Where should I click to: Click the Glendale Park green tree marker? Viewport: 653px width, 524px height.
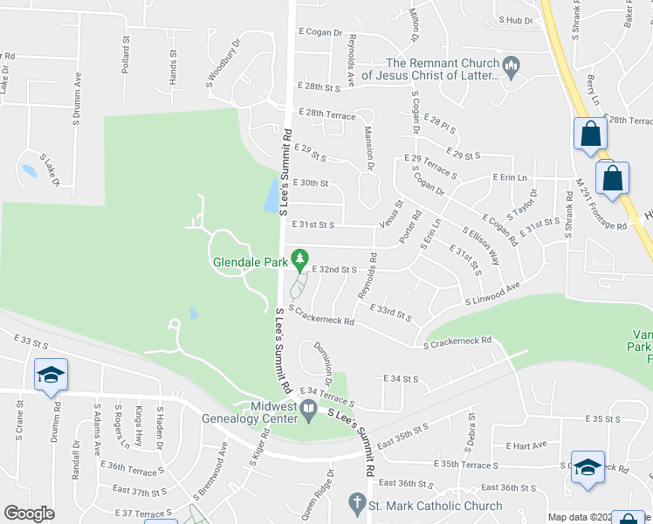tap(299, 259)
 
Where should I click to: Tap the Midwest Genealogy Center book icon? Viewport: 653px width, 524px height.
tap(309, 409)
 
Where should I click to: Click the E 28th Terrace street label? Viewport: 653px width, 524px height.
tap(326, 114)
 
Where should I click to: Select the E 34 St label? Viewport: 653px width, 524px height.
tap(402, 379)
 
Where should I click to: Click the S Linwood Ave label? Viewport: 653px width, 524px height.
tap(492, 293)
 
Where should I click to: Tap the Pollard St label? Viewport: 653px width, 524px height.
tap(126, 54)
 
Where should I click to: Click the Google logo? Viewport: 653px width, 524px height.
tap(29, 514)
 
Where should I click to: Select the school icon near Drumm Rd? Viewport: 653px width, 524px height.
tap(52, 376)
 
